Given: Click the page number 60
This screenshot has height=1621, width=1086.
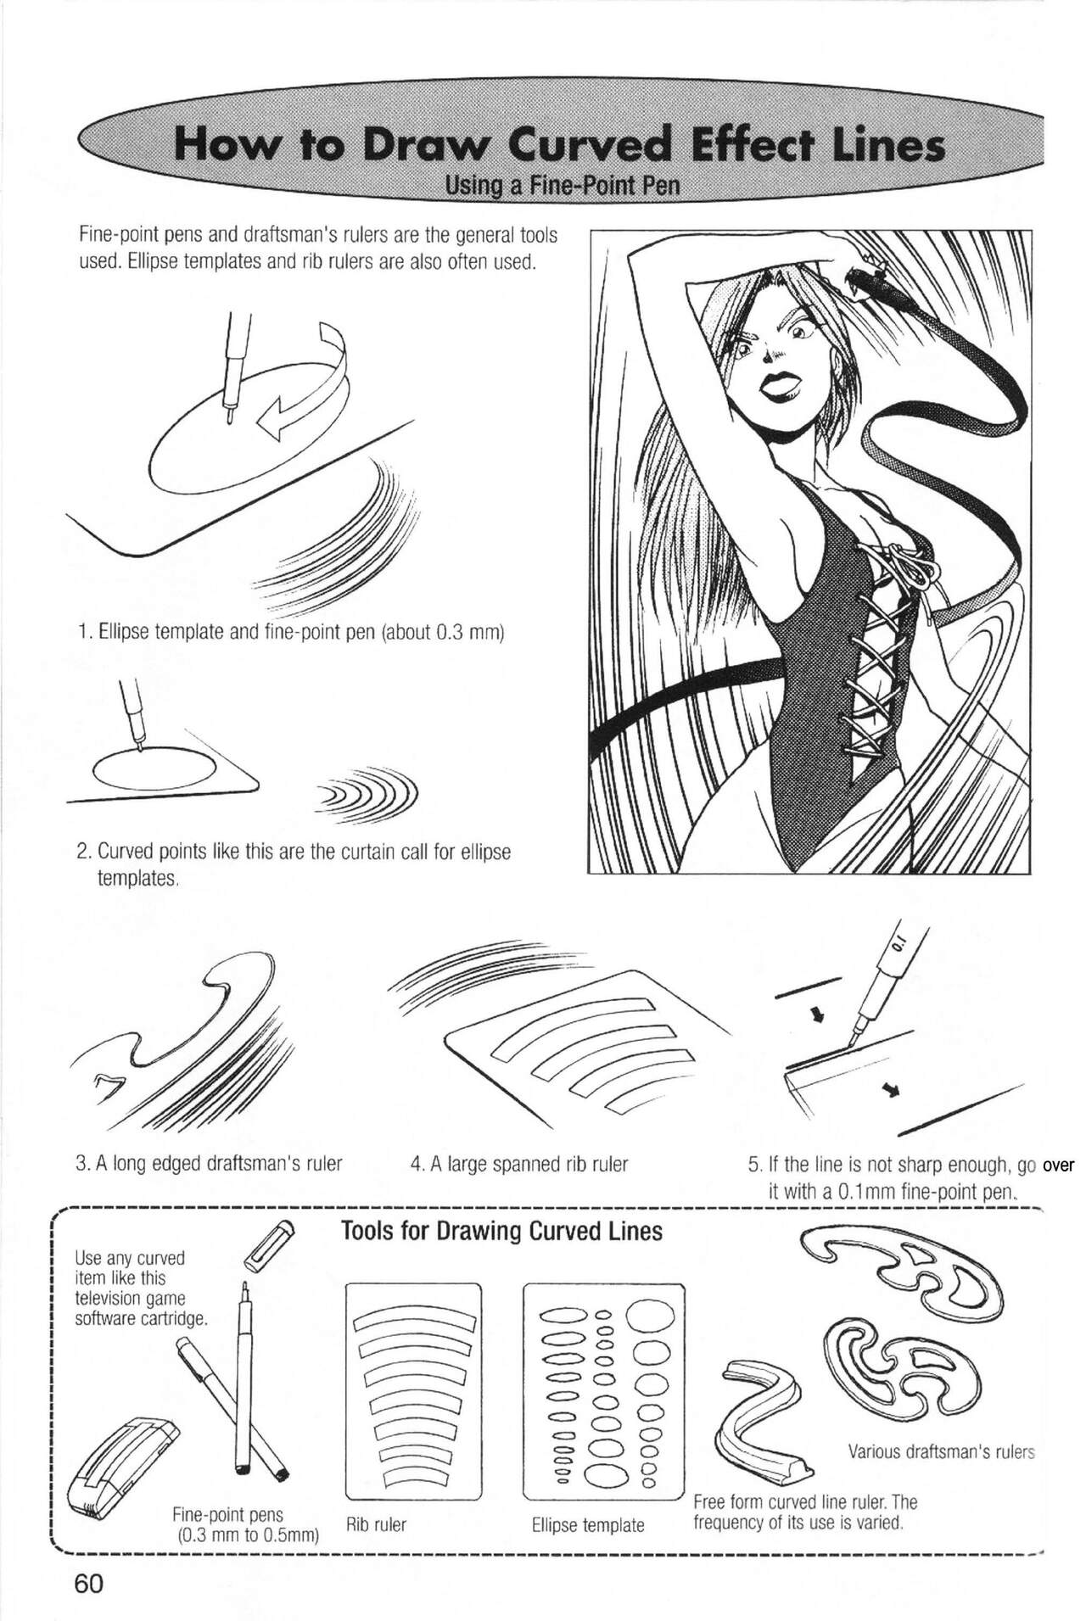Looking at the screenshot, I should tap(88, 1583).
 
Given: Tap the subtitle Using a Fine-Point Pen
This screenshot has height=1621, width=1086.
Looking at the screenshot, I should tap(563, 185).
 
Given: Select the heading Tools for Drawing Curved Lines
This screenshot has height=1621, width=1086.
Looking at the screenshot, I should tap(501, 1232).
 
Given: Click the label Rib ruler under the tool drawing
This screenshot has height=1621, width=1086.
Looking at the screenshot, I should tap(376, 1524).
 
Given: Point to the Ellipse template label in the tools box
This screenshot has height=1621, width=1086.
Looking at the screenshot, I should tap(588, 1524).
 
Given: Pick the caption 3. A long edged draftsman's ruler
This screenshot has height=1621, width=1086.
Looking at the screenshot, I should tap(209, 1164).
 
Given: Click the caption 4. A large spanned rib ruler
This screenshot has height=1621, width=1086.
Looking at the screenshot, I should tap(519, 1164).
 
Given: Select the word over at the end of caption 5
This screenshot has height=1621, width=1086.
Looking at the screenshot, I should tap(1058, 1165).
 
